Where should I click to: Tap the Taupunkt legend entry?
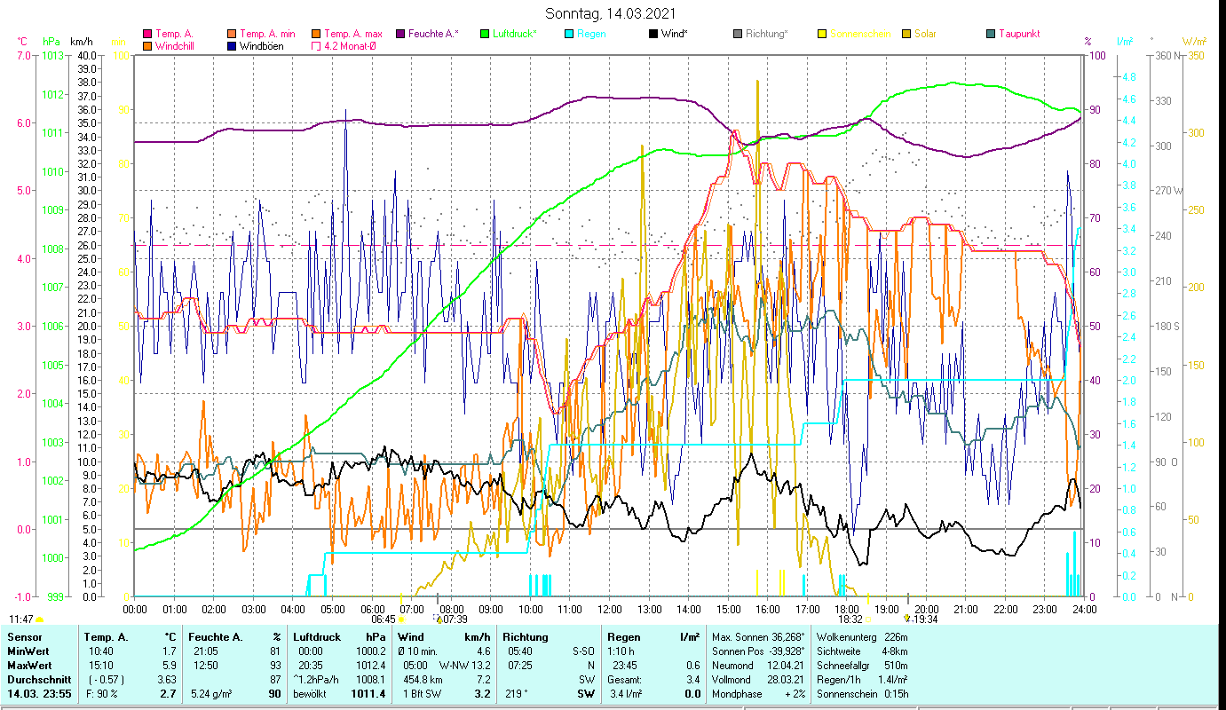1018,34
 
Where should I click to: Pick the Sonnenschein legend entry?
859,34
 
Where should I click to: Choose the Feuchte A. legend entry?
433,34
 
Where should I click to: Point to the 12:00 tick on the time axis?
609,609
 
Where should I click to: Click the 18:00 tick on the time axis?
847,609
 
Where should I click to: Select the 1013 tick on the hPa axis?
52,55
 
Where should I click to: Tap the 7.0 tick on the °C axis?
23,55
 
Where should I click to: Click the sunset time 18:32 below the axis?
850,619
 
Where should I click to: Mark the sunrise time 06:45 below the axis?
383,619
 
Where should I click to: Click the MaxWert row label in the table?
29,665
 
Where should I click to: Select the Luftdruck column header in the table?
317,637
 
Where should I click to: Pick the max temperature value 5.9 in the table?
166,665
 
